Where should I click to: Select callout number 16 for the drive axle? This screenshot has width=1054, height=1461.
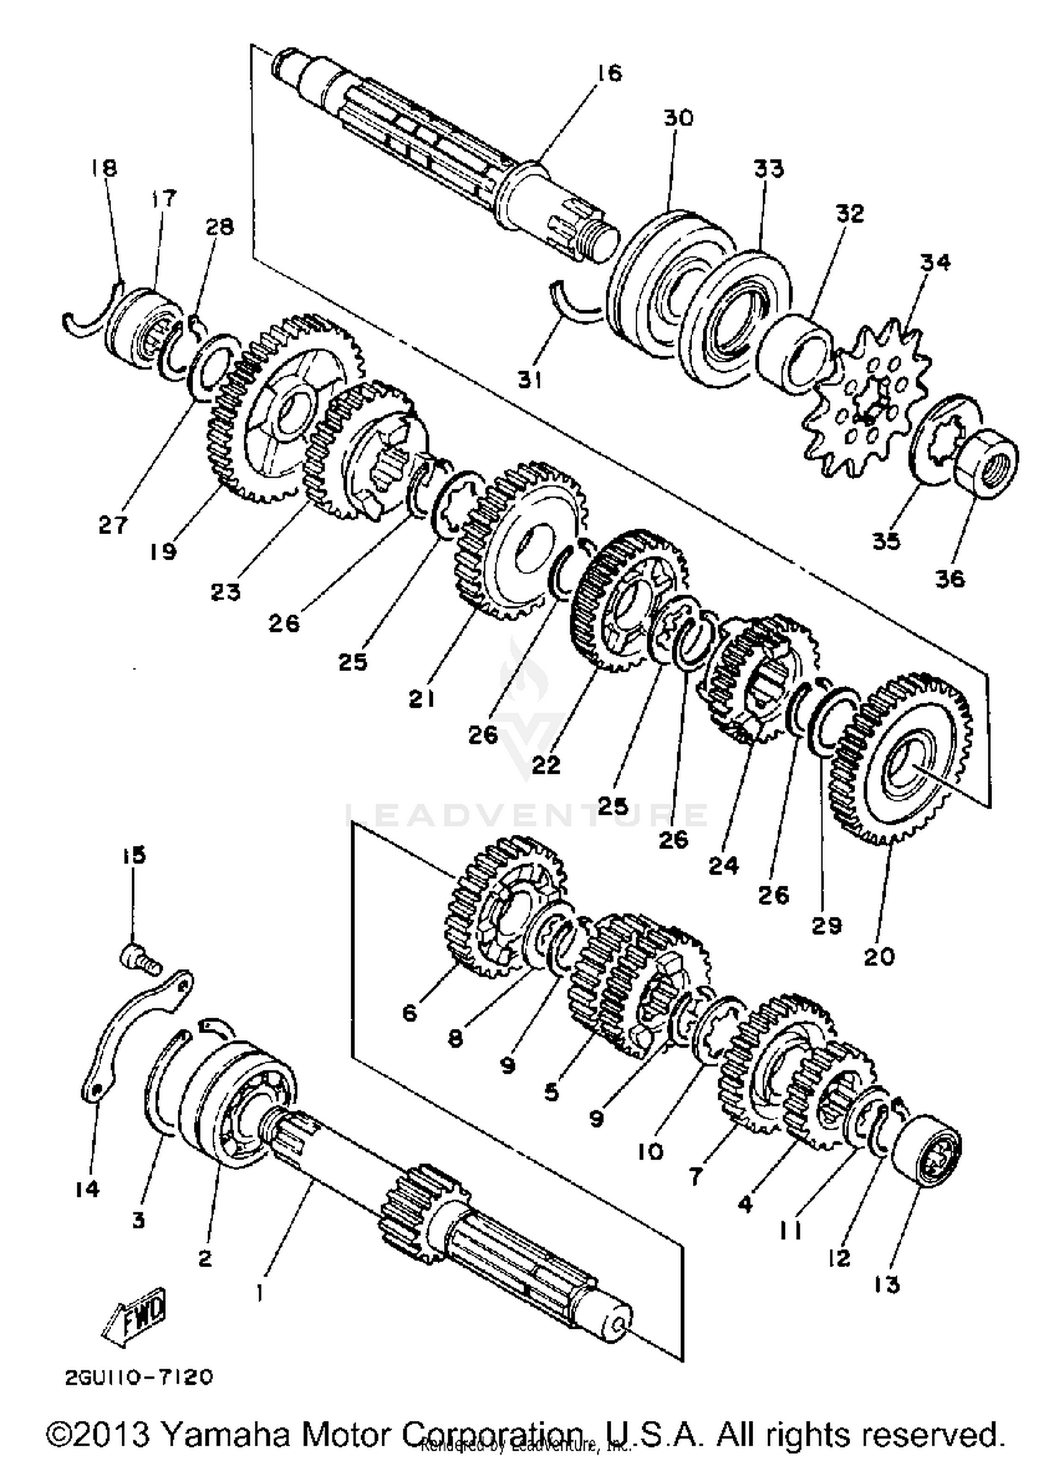[x=609, y=73]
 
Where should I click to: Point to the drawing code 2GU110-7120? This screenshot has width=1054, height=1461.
[x=138, y=1377]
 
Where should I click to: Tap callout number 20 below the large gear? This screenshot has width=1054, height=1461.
[x=878, y=956]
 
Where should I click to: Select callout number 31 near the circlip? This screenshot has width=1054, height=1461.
[x=530, y=380]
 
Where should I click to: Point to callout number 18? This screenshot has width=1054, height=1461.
[x=103, y=168]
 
